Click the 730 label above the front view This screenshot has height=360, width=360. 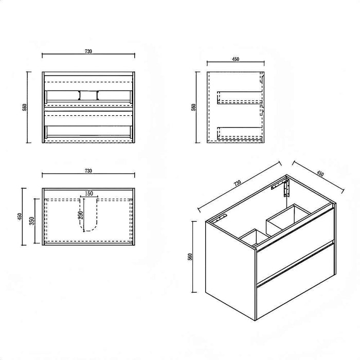tap(88, 51)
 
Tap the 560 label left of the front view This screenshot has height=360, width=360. tap(25, 107)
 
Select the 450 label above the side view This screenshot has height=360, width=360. tap(236, 59)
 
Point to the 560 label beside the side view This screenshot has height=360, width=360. tap(193, 107)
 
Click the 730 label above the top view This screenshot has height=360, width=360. tap(88, 171)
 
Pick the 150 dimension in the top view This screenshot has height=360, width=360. tap(89, 193)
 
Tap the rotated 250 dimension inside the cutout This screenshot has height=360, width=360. tap(81, 215)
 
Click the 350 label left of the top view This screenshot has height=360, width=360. tap(32, 221)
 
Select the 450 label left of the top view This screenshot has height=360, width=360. tap(20, 217)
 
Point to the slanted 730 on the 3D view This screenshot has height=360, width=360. tap(238, 183)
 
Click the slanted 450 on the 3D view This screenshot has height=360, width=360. tap(320, 173)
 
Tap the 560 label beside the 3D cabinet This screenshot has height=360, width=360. tap(190, 257)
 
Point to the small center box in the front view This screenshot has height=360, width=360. tap(88, 95)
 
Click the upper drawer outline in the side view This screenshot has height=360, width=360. tap(240, 98)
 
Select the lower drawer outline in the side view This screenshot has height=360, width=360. tap(240, 133)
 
